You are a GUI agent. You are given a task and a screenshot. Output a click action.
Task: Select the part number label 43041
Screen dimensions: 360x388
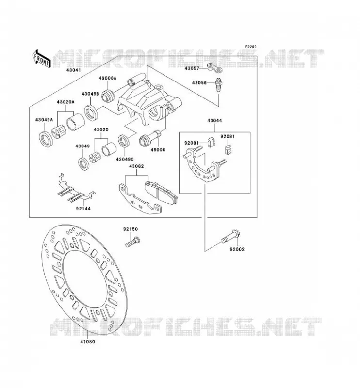pyautogui.click(x=74, y=70)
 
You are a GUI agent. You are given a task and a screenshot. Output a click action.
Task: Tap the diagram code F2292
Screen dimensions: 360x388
pyautogui.click(x=251, y=47)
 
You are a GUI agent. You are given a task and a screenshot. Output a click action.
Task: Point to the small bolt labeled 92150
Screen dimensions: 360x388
pyautogui.click(x=133, y=242)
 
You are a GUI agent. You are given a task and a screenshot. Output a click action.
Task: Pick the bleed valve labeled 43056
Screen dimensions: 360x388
pyautogui.click(x=219, y=85)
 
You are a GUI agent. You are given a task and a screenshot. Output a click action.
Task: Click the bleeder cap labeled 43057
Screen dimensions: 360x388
pyautogui.click(x=214, y=68)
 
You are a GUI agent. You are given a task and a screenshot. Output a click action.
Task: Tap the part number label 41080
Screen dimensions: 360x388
pyautogui.click(x=87, y=342)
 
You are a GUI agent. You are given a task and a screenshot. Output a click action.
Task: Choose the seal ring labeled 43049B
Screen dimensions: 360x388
pyautogui.click(x=91, y=113)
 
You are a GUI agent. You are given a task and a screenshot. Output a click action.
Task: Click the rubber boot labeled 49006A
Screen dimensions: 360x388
pyautogui.click(x=108, y=96)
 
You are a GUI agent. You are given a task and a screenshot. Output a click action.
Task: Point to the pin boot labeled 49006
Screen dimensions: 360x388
pyautogui.click(x=150, y=138)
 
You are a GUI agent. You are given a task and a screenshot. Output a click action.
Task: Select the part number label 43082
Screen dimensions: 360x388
pyautogui.click(x=136, y=166)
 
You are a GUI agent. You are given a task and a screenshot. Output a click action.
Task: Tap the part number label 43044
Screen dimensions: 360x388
pyautogui.click(x=214, y=121)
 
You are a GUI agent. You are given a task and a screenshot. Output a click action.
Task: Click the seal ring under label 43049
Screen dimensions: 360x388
pyautogui.click(x=83, y=163)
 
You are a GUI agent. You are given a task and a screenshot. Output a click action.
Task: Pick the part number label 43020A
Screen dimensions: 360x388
pyautogui.click(x=65, y=102)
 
